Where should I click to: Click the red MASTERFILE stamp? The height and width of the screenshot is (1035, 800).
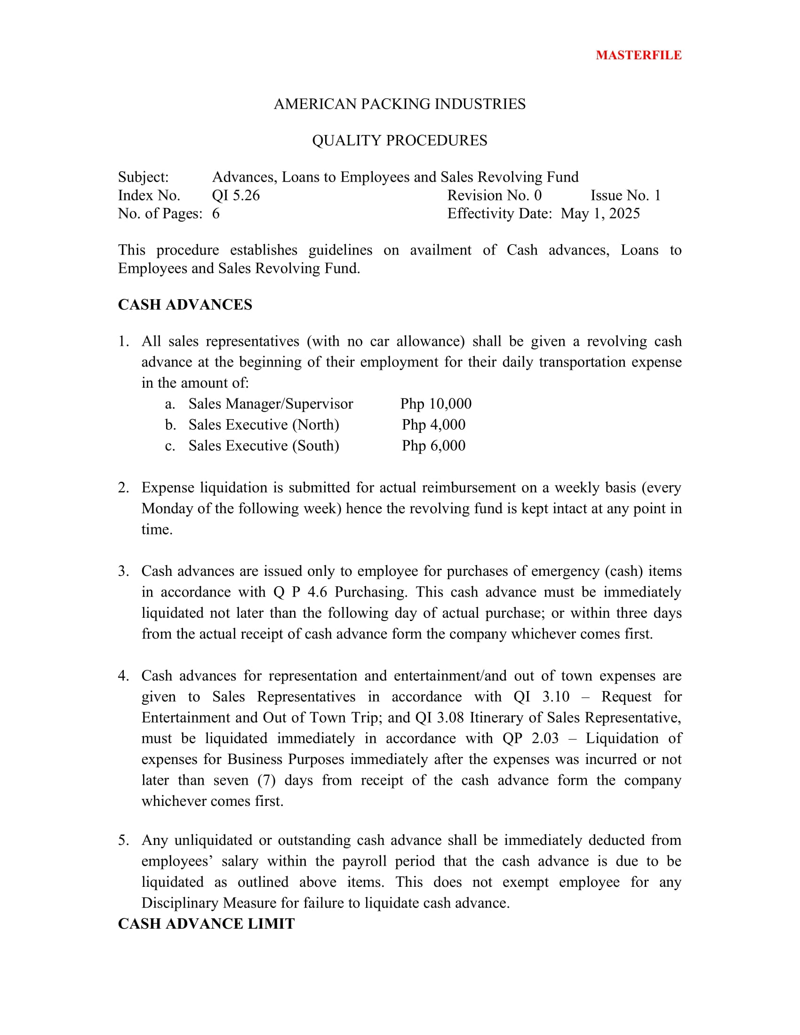(x=638, y=56)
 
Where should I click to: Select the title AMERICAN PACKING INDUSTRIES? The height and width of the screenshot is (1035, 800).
(x=400, y=104)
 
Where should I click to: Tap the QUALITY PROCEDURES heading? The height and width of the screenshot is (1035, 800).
(x=400, y=141)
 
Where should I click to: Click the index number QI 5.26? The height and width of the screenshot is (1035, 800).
(x=236, y=196)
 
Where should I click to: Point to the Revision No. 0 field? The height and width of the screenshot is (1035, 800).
(x=494, y=196)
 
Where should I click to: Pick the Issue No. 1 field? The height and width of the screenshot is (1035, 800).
(x=625, y=196)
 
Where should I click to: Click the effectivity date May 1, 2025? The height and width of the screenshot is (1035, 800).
(x=600, y=214)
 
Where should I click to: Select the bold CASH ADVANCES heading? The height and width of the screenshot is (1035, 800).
(x=185, y=305)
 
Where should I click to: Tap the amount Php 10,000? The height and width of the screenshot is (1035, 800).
(x=436, y=404)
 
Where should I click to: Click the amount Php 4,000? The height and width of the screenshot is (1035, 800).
(x=433, y=425)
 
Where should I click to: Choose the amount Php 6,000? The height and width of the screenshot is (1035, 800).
(x=433, y=446)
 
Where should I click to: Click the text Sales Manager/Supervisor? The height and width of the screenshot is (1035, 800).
(x=271, y=404)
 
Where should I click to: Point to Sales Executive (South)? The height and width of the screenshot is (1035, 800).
(x=264, y=446)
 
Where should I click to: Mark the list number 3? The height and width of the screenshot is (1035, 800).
(x=123, y=571)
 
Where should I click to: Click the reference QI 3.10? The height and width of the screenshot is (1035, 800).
(x=541, y=697)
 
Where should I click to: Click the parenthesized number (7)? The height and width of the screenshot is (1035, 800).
(x=266, y=780)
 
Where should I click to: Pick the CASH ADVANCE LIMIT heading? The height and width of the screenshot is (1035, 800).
(x=206, y=924)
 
